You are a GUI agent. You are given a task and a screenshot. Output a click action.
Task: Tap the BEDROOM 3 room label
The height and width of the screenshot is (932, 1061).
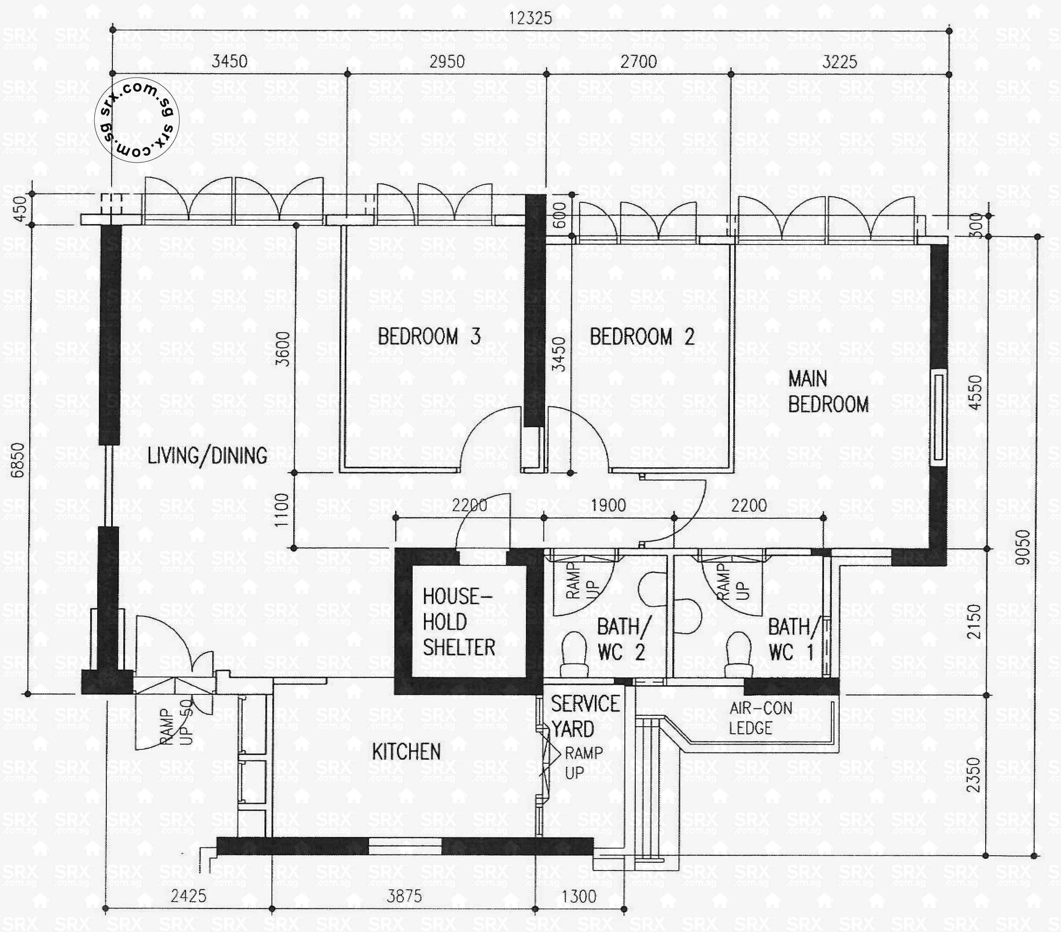tap(429, 337)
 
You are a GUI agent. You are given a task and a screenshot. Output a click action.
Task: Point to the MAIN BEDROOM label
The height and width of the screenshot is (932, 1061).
tap(827, 391)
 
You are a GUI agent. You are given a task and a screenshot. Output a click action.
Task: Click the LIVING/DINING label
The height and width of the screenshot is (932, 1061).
tap(207, 456)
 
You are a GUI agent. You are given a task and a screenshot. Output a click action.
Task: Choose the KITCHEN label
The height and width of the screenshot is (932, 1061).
tap(406, 752)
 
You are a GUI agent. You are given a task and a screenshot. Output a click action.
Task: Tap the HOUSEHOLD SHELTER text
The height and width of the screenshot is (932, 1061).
tap(458, 622)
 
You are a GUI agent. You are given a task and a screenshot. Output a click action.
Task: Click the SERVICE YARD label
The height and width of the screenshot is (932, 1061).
tap(584, 717)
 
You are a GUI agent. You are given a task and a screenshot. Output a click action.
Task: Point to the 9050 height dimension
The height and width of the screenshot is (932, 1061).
tap(1022, 547)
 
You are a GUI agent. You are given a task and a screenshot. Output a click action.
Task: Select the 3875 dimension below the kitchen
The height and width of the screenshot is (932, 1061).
tap(404, 896)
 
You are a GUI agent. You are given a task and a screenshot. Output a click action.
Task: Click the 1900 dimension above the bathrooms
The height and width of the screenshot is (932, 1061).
tap(608, 505)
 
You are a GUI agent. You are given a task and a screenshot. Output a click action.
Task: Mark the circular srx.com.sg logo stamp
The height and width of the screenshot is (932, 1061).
tap(136, 120)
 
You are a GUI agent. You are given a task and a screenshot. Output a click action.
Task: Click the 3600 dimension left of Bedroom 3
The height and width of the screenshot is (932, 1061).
tap(283, 349)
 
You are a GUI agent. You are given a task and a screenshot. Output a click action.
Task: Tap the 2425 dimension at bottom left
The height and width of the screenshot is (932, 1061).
tap(188, 896)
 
